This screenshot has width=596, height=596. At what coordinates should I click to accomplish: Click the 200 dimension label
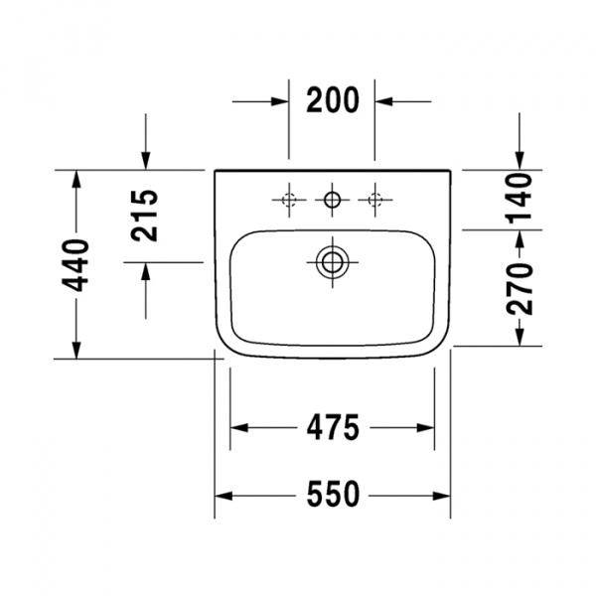pos(333,100)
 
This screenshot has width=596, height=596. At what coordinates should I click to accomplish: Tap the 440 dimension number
pos(74,265)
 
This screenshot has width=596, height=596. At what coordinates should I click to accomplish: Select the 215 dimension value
pos(144,216)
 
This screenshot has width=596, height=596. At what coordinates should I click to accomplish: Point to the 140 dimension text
pos(519,198)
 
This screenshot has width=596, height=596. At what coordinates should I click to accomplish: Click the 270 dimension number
pos(520,289)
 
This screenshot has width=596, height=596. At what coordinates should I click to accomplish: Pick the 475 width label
pos(333,427)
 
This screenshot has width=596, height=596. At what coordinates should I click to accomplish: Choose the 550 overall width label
pos(333,494)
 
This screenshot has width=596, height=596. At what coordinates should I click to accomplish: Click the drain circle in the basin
pos(333,262)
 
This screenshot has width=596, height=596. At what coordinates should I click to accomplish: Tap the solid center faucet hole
pos(333,200)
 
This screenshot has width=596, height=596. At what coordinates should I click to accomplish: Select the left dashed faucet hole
pos(289,200)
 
